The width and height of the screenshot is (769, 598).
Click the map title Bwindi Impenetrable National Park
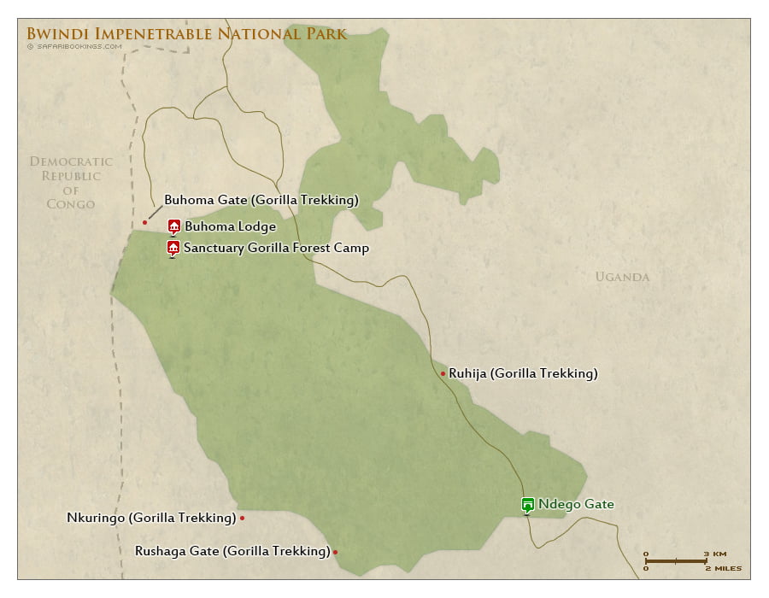(x=186, y=34)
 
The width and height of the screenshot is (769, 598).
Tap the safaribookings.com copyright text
(x=74, y=47)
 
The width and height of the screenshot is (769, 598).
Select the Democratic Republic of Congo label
(x=71, y=182)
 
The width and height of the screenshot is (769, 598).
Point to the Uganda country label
(x=622, y=277)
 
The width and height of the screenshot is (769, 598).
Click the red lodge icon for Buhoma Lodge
(x=173, y=226)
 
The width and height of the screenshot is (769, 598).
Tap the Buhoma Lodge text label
(x=230, y=227)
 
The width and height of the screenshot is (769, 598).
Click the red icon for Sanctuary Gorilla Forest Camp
(x=173, y=249)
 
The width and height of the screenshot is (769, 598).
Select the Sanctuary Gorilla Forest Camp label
(x=276, y=249)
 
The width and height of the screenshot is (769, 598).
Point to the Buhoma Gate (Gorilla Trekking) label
(x=261, y=200)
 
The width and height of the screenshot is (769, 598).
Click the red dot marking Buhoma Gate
(x=145, y=222)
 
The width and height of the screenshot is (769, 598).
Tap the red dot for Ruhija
(x=443, y=373)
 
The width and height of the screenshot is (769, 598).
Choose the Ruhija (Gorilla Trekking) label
(x=523, y=373)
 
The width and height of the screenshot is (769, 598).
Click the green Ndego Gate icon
(x=527, y=505)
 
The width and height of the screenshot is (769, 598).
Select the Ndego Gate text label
(x=576, y=504)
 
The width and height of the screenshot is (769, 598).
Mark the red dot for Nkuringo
(x=243, y=518)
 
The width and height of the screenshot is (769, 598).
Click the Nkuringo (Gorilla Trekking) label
(x=151, y=518)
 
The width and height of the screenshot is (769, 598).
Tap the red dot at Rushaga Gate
(x=335, y=552)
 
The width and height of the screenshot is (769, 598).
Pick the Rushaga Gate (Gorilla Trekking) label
(x=232, y=551)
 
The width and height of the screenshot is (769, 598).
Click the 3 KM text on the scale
(x=715, y=554)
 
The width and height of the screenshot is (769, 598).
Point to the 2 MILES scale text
(x=723, y=568)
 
